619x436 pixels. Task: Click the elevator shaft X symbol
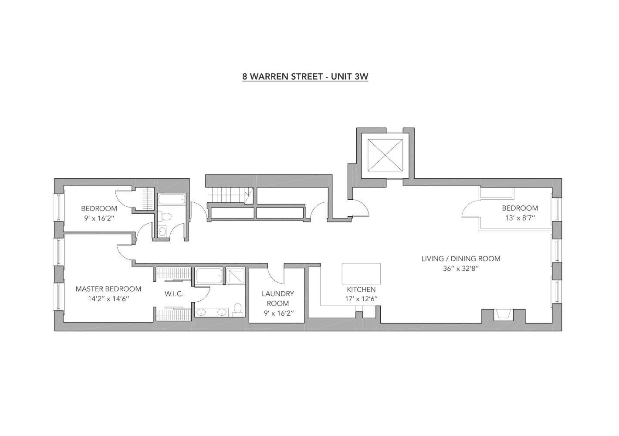(x=385, y=155)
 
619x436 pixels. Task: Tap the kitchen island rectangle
(x=361, y=273)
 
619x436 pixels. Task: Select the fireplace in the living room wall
(x=504, y=315)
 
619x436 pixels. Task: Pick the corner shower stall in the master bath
(x=236, y=276)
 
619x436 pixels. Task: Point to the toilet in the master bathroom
(x=238, y=310)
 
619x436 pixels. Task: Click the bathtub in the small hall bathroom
(x=172, y=200)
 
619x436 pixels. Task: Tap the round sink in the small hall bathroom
(x=162, y=232)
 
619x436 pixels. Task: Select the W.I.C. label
(x=174, y=294)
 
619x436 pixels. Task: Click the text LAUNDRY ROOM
(x=277, y=299)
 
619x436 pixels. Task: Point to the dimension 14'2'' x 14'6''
(x=108, y=299)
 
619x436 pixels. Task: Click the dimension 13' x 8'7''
(x=520, y=218)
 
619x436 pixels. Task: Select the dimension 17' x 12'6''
(x=361, y=299)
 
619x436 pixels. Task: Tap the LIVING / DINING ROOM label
(x=460, y=259)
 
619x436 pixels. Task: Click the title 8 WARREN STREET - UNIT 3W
(x=305, y=77)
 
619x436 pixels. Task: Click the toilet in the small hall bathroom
(x=166, y=216)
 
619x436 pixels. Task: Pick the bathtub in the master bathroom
(x=209, y=276)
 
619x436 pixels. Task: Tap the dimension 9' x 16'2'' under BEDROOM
(x=99, y=218)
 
